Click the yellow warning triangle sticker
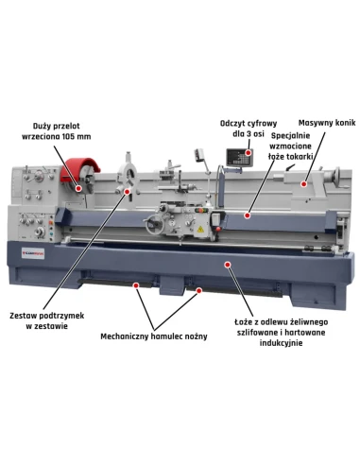pyautogui.click(x=199, y=229)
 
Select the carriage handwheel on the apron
pyautogui.click(x=154, y=224)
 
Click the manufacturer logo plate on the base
pyautogui.click(x=33, y=253)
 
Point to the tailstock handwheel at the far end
pyautogui.click(x=337, y=177)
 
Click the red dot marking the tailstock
pyautogui.click(x=303, y=184)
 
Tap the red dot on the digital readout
pyautogui.click(x=249, y=153)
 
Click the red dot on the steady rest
pyautogui.click(x=128, y=191)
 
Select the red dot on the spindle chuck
pyautogui.click(x=78, y=188)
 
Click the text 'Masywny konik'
pyautogui.click(x=327, y=123)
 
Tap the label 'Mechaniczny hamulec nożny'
pyautogui.click(x=154, y=336)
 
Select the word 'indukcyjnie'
pyautogui.click(x=281, y=343)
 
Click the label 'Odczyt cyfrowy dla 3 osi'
pyautogui.click(x=249, y=129)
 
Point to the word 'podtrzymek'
pyautogui.click(x=61, y=316)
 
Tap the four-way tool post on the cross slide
pyautogui.click(x=169, y=172)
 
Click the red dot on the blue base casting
pyautogui.click(x=228, y=265)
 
